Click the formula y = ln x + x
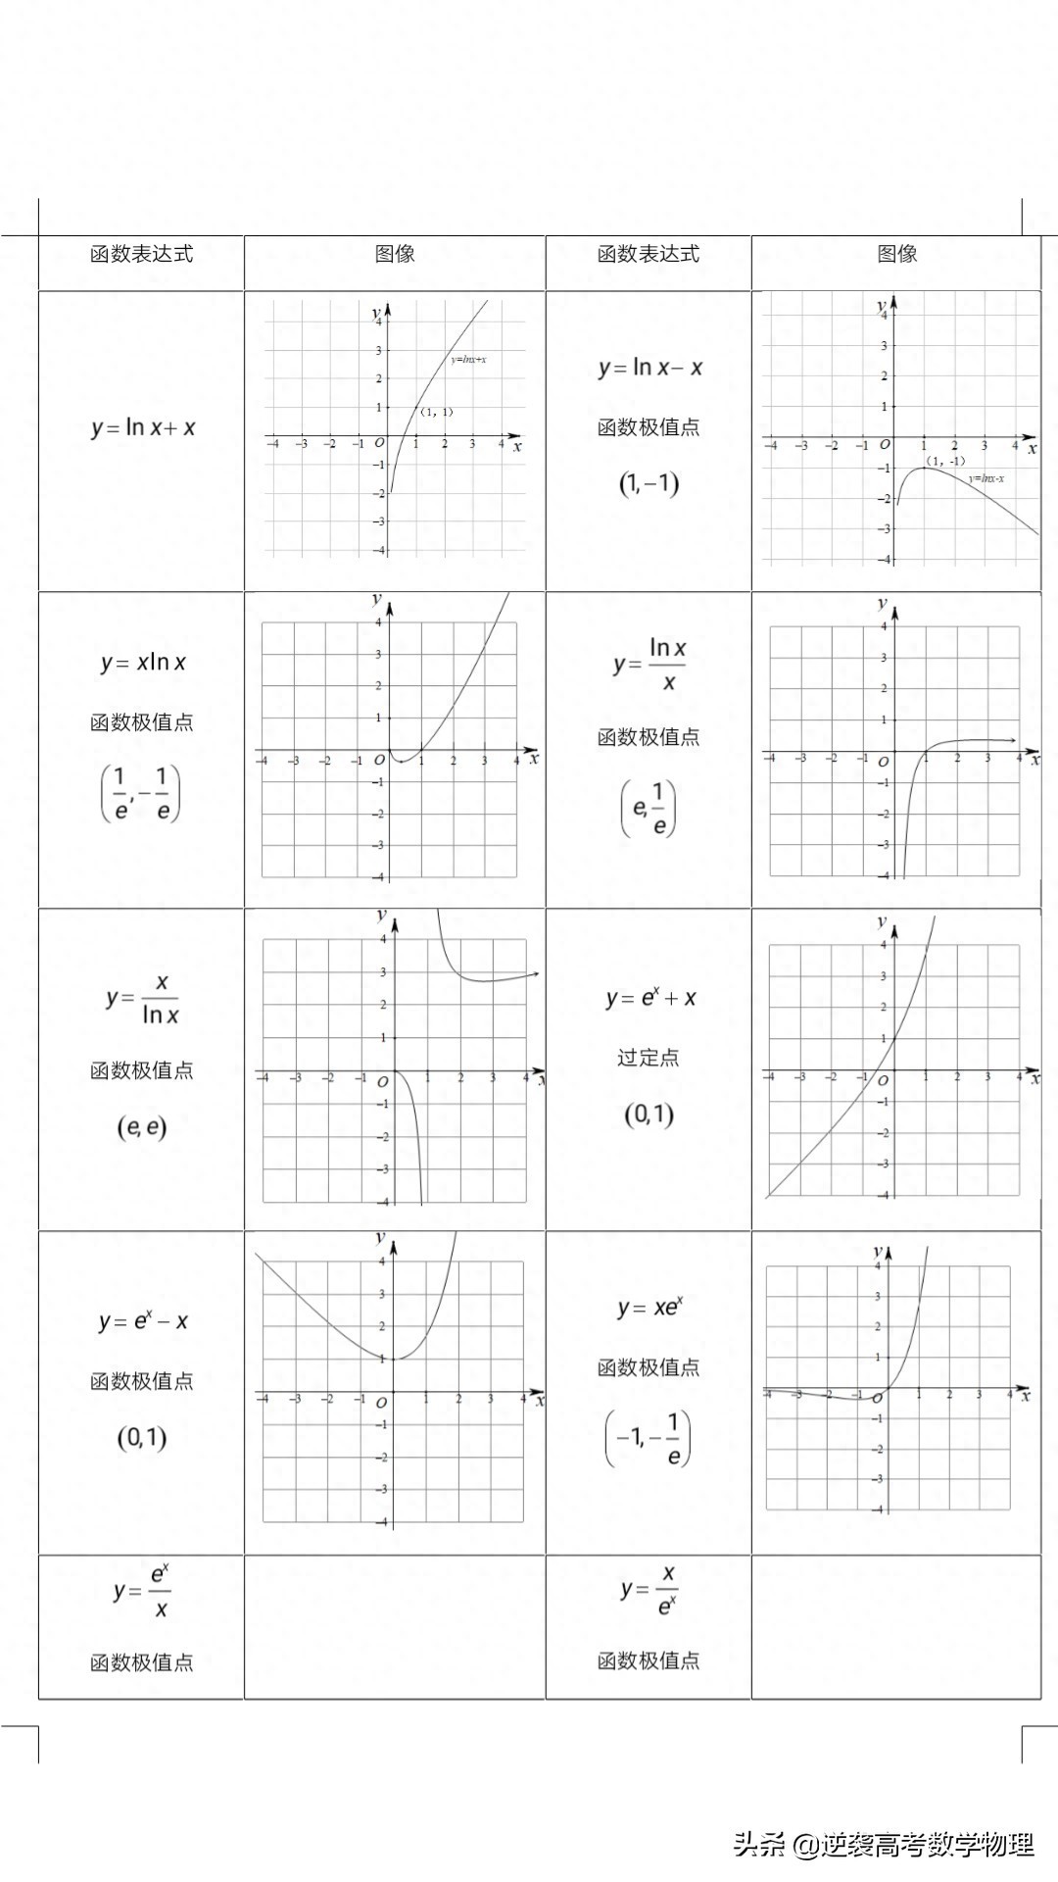[143, 428]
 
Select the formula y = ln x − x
[649, 368]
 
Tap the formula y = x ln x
[143, 663]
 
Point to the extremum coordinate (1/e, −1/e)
[141, 793]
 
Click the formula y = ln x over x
[649, 665]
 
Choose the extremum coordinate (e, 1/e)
[649, 808]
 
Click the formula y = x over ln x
[143, 998]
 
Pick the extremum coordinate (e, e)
[142, 1127]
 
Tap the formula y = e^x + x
[650, 998]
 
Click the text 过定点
[649, 1058]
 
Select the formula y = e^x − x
[143, 1321]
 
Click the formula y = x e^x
[650, 1308]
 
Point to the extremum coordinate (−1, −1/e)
[648, 1438]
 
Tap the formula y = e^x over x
[143, 1590]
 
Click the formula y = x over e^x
[649, 1590]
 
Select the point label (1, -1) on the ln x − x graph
[945, 461]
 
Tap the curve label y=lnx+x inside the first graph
[468, 360]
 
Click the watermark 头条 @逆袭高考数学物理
[884, 1845]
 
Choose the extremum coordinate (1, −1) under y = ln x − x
[649, 483]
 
